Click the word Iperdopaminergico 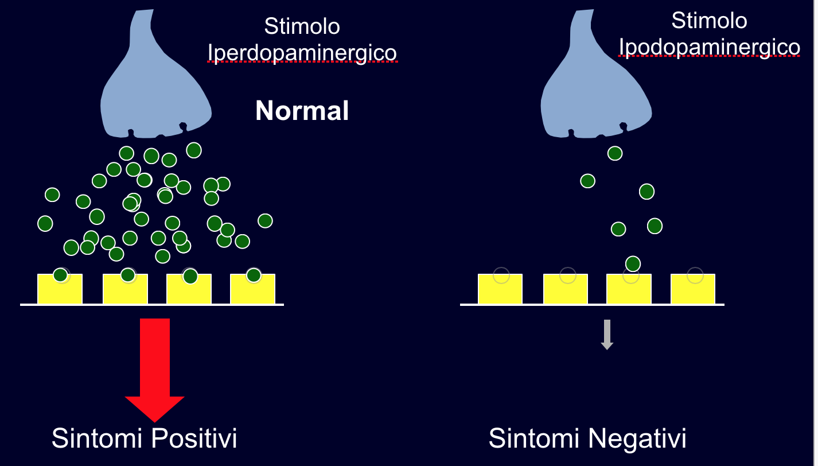(x=302, y=53)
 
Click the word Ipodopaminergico (x=710, y=47)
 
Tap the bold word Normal (x=302, y=111)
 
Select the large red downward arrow (x=155, y=367)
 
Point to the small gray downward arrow (x=607, y=335)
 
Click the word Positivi (x=195, y=439)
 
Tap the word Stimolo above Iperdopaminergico (x=302, y=26)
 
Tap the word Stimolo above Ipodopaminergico (x=710, y=21)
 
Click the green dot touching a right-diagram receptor (x=633, y=264)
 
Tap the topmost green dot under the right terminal (x=615, y=153)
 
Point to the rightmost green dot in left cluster (x=265, y=221)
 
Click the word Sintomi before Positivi (x=96, y=439)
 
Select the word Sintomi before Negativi (x=534, y=439)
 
